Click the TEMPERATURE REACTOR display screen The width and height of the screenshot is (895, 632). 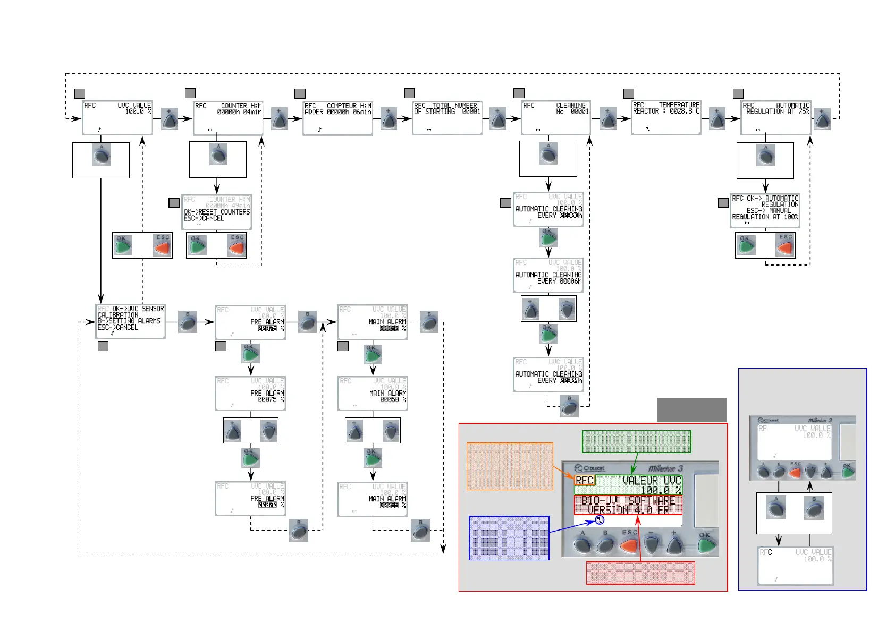point(666,117)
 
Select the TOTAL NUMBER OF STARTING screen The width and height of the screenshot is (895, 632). point(447,117)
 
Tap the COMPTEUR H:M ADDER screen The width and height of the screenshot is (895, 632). point(337,117)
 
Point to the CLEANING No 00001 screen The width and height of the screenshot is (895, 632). point(556,117)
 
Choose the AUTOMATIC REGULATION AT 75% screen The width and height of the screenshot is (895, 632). point(776,117)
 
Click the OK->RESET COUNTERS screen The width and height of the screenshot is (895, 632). point(216,212)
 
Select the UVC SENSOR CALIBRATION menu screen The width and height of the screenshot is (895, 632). point(130,321)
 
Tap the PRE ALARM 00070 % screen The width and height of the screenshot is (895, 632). point(250,499)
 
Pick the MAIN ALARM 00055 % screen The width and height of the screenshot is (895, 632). point(372,499)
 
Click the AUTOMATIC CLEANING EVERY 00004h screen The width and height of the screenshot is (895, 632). point(548,374)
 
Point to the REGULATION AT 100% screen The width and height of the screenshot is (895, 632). point(765,210)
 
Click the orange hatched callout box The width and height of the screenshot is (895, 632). point(510,466)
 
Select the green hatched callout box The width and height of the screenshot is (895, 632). point(636,441)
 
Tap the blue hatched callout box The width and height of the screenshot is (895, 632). point(509,537)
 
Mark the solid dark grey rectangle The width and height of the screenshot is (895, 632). point(691,409)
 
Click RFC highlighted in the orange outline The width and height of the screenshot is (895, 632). point(585,480)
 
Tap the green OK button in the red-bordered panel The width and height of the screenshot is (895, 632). point(706,545)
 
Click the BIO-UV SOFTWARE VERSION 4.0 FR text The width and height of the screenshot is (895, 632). point(628,505)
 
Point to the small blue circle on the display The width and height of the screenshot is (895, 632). point(600,520)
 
